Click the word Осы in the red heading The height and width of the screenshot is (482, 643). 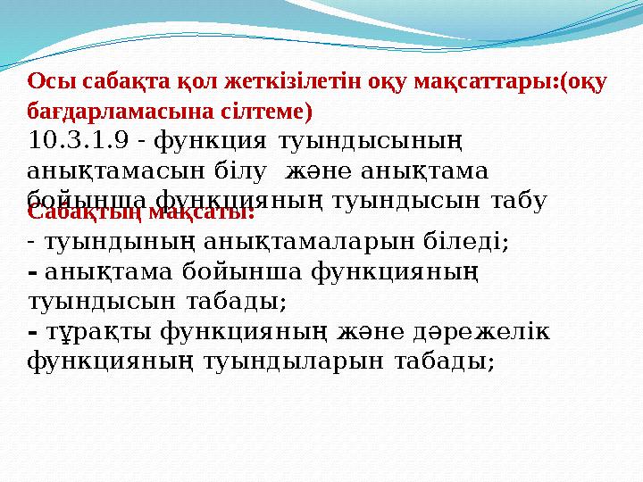tap(46, 83)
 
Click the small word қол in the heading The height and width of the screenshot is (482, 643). tap(174, 83)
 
